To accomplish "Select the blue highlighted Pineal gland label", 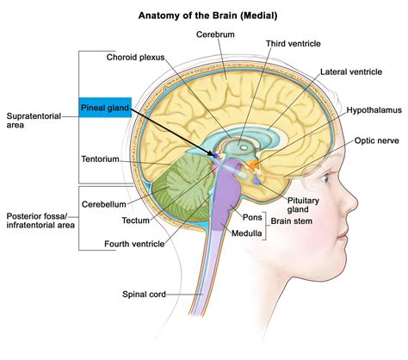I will coord(104,107).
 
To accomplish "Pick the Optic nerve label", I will coord(375,140).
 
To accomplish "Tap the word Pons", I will coord(252,218).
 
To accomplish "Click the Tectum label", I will coord(138,220).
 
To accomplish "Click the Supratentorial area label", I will coord(34,121).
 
